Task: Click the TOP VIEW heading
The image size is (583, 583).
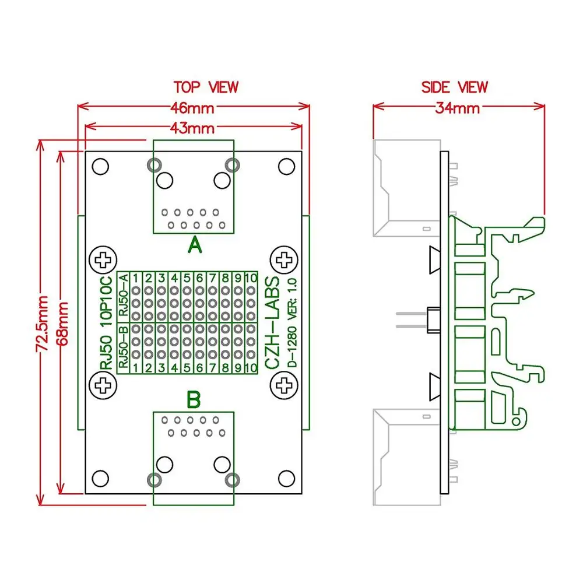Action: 206,87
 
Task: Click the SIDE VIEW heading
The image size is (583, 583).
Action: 454,87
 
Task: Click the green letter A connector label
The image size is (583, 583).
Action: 195,247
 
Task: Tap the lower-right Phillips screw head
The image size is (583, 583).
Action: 285,385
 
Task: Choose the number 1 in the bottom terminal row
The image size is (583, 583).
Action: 136,367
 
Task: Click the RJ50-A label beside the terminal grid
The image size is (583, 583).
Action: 124,296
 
